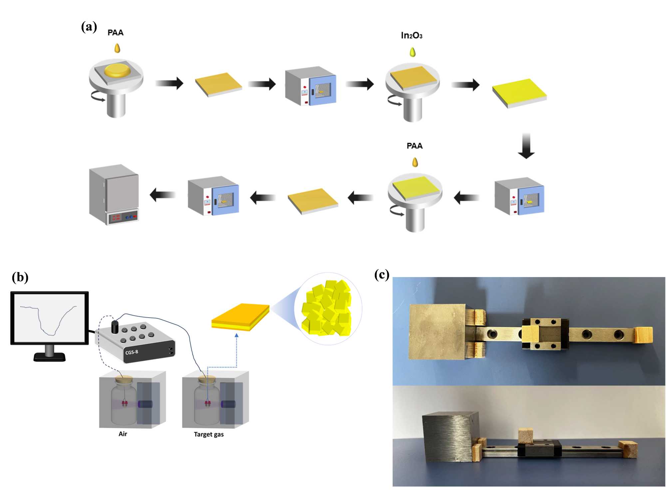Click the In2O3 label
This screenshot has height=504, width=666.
pyautogui.click(x=411, y=35)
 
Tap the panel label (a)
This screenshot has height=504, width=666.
pyautogui.click(x=89, y=27)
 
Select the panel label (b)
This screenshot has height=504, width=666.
pyautogui.click(x=20, y=277)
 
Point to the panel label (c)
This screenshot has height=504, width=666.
pyautogui.click(x=382, y=275)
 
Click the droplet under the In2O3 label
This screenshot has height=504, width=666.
pyautogui.click(x=413, y=52)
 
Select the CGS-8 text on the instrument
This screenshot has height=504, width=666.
pyautogui.click(x=132, y=352)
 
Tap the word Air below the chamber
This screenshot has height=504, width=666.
pyautogui.click(x=123, y=434)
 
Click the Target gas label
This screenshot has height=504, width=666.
pyautogui.click(x=209, y=434)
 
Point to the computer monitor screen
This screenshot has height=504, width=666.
pyautogui.click(x=50, y=318)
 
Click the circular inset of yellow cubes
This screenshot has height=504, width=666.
pyautogui.click(x=328, y=308)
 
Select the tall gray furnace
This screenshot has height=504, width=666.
pyautogui.click(x=114, y=194)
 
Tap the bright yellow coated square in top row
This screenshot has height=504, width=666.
pyautogui.click(x=519, y=93)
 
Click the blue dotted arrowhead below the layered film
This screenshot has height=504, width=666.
pyautogui.click(x=237, y=335)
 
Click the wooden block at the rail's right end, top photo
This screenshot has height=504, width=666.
pyautogui.click(x=643, y=335)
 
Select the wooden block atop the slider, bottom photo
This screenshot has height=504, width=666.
pyautogui.click(x=525, y=436)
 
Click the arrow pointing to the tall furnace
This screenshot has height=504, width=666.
pyautogui.click(x=163, y=195)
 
